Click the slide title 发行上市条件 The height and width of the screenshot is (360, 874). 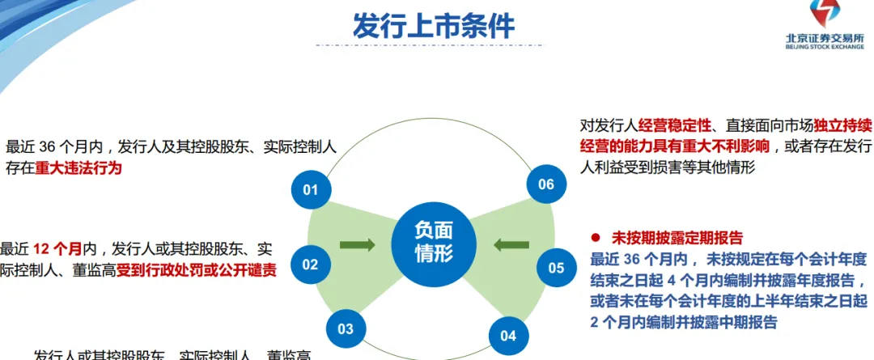click(434, 26)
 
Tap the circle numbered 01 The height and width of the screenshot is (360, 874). click(311, 190)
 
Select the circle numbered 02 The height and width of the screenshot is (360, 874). click(311, 265)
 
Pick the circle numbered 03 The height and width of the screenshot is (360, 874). click(346, 328)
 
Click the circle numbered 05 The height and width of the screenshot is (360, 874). click(556, 268)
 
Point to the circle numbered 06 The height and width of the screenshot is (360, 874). click(546, 184)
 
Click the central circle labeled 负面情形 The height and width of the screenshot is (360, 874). click(434, 241)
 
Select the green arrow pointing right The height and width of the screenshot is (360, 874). click(357, 244)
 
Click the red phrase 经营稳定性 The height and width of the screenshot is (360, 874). click(675, 125)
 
